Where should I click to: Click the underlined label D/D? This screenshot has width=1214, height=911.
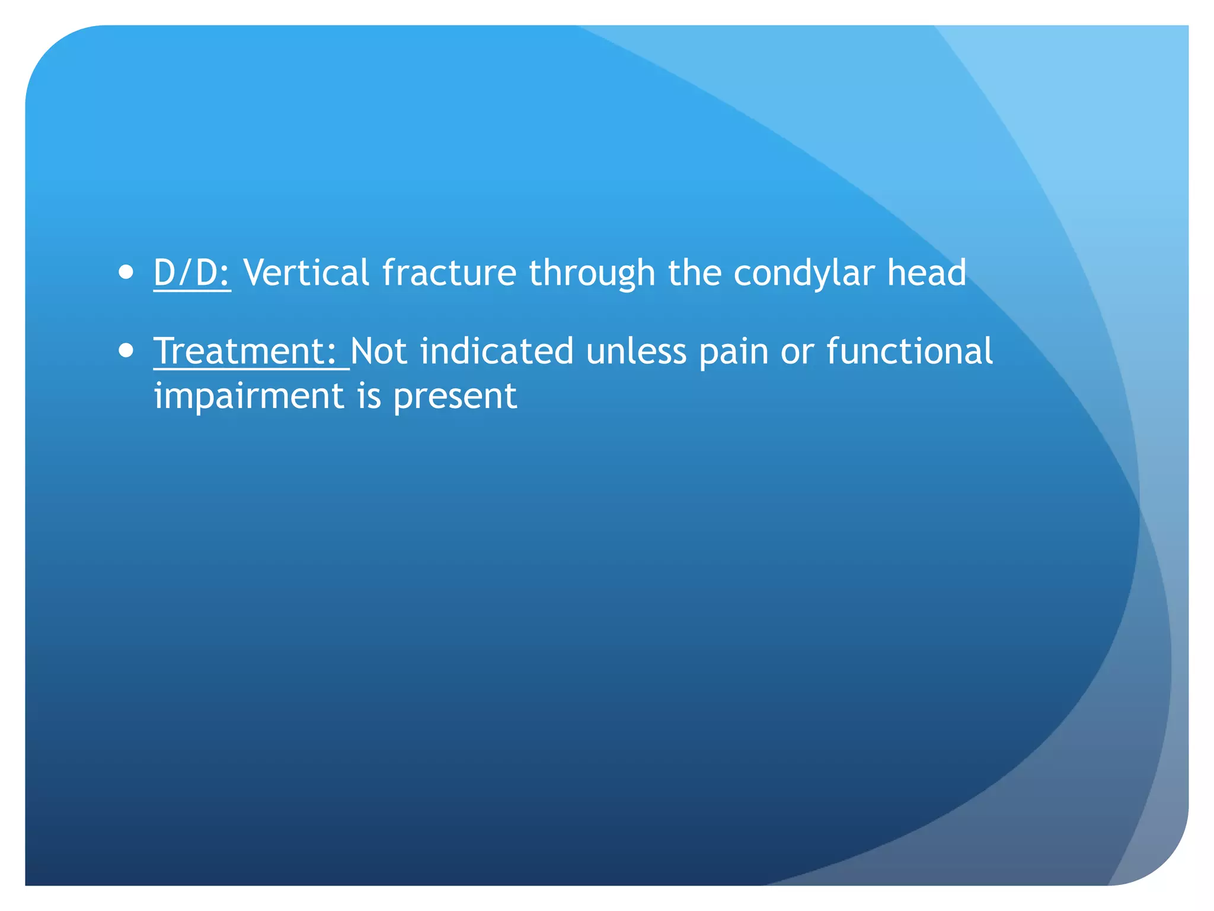tap(192, 273)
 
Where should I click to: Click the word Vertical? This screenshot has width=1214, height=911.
tap(306, 273)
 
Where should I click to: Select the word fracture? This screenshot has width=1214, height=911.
tap(449, 273)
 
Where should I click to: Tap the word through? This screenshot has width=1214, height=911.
tap(592, 274)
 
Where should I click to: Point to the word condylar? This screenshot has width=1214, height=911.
tap(803, 274)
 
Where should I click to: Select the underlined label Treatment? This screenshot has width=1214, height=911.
tap(245, 351)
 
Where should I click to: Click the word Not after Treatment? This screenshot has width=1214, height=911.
tap(379, 351)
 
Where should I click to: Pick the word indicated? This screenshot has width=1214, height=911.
tap(497, 351)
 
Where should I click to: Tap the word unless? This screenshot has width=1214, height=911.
tap(636, 351)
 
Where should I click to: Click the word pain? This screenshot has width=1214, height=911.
tap(733, 352)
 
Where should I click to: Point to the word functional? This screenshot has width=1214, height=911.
tap(909, 351)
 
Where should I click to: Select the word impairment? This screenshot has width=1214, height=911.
tap(249, 396)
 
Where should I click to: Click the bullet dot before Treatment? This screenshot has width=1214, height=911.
tap(126, 351)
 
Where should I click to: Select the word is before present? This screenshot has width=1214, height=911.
tap(369, 396)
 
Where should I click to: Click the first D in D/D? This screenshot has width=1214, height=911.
tap(165, 273)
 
